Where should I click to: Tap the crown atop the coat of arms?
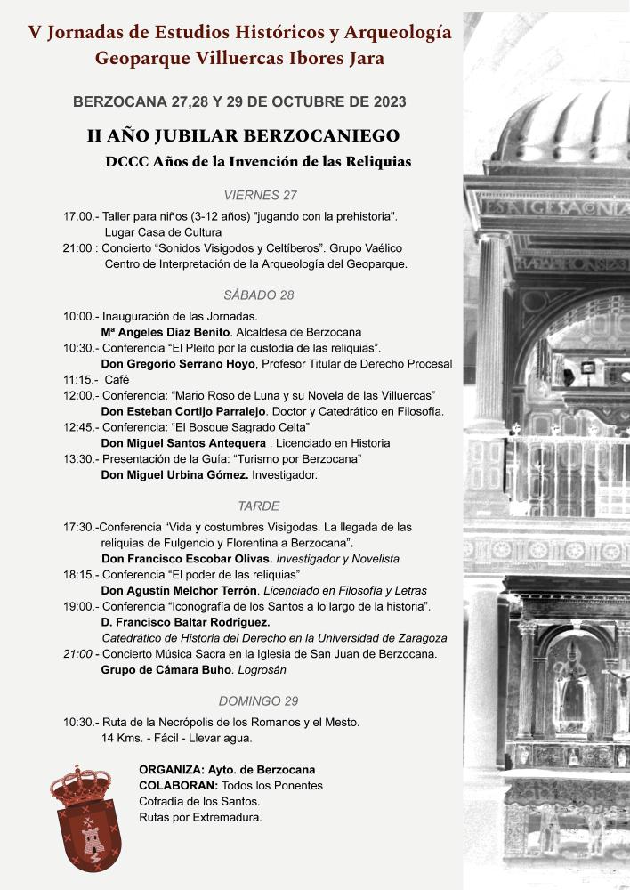tap(80, 783)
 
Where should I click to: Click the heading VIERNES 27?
tap(261, 195)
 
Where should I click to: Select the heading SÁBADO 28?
tap(259, 295)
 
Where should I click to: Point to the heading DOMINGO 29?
tap(259, 700)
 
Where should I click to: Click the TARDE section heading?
tap(259, 506)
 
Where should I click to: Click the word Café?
tap(118, 379)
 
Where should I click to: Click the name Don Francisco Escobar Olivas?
tap(187, 559)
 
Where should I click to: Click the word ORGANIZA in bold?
tap(170, 769)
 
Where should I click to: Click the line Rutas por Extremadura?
tap(200, 818)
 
